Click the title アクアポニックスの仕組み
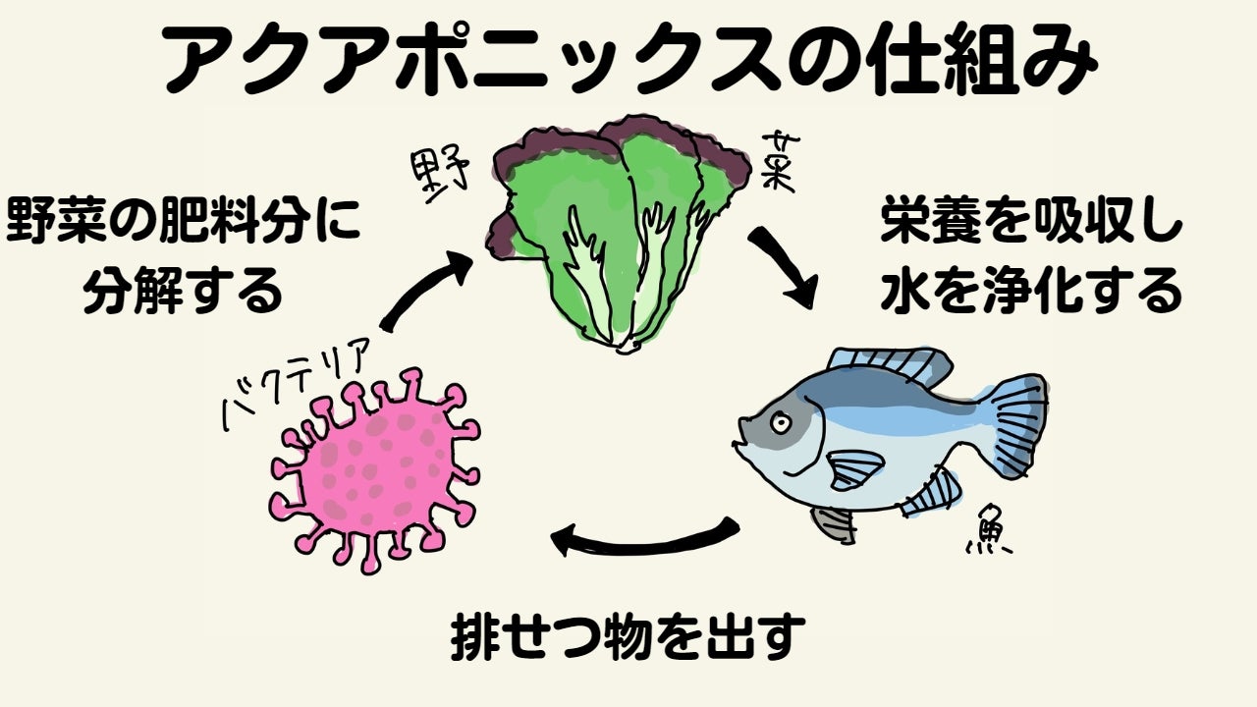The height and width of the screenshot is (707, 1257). tap(628, 62)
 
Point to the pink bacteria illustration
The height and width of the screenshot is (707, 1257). tap(374, 469)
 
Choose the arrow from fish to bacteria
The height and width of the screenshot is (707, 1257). tap(644, 536)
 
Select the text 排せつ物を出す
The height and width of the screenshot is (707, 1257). tap(628, 638)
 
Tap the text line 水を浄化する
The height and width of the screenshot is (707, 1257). tap(1031, 291)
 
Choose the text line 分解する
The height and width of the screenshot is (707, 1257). tap(183, 291)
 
